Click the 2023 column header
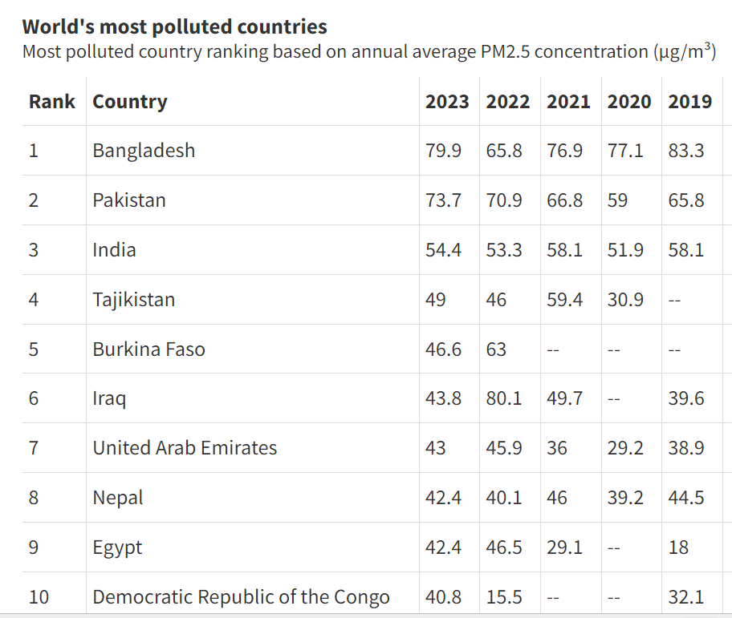click(x=447, y=102)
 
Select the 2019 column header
click(x=689, y=102)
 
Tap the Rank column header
click(x=52, y=102)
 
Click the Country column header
click(x=130, y=102)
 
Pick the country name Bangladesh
click(x=144, y=151)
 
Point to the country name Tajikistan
click(x=133, y=300)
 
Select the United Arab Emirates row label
click(x=185, y=448)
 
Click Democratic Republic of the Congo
click(x=241, y=597)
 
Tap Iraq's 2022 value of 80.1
click(x=504, y=398)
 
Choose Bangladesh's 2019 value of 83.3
click(x=686, y=151)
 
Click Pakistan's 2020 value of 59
click(x=617, y=200)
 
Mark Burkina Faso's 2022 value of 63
click(x=496, y=349)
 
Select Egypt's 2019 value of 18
click(x=678, y=547)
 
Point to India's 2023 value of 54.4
click(x=443, y=250)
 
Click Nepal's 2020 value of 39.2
click(x=625, y=498)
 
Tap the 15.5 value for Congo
click(x=504, y=597)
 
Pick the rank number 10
click(x=39, y=597)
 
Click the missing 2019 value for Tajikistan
click(x=674, y=301)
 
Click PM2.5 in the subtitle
click(x=506, y=52)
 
